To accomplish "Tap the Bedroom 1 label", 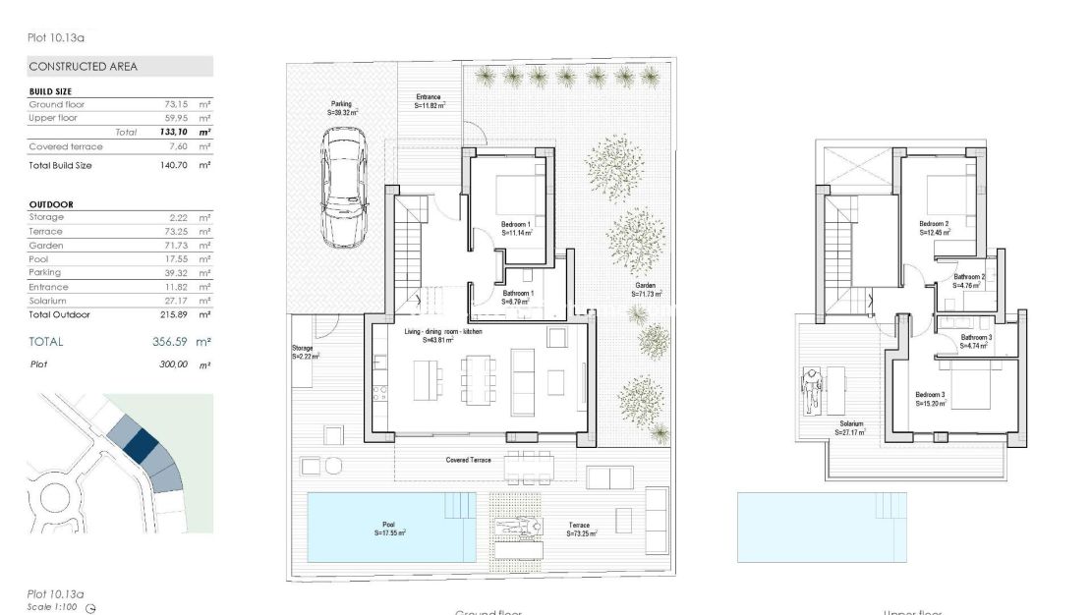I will pyautogui.click(x=516, y=225).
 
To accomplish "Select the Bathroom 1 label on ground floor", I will pyautogui.click(x=517, y=294).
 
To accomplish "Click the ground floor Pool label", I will pyautogui.click(x=389, y=526).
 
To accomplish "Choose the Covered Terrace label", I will pyautogui.click(x=468, y=460).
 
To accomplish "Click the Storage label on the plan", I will pyautogui.click(x=302, y=348).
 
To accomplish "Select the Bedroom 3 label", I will pyautogui.click(x=930, y=395).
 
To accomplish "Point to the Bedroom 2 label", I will pyautogui.click(x=934, y=224).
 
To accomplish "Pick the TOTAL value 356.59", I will pyautogui.click(x=175, y=342).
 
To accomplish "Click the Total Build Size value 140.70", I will pyautogui.click(x=176, y=165).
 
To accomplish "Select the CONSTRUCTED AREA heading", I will pyautogui.click(x=84, y=67).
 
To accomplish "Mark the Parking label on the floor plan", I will pyautogui.click(x=341, y=104).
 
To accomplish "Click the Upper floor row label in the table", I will pyautogui.click(x=53, y=118).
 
